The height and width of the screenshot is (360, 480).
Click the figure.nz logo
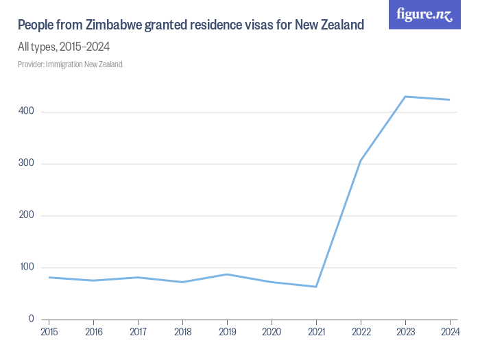coord(424,14)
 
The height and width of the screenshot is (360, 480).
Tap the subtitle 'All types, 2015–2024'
coord(64,47)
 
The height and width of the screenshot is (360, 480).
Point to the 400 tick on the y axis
coord(30,112)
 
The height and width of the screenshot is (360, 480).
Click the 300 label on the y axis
coord(30,164)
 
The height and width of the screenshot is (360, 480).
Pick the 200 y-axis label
coord(30,215)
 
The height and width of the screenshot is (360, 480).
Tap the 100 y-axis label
coord(30,267)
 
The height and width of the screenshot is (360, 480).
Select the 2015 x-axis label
coord(49,333)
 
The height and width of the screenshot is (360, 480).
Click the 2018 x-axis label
coord(182,333)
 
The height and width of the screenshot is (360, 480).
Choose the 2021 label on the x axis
coord(316,333)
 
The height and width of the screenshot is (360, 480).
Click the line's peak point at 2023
coord(405,97)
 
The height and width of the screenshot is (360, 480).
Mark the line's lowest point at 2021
coord(316,287)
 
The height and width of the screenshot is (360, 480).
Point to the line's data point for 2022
coord(361,160)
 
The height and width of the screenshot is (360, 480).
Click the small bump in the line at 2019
coord(227,274)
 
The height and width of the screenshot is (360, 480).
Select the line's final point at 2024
coord(449,99)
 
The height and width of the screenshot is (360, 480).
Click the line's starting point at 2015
coord(49,277)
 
